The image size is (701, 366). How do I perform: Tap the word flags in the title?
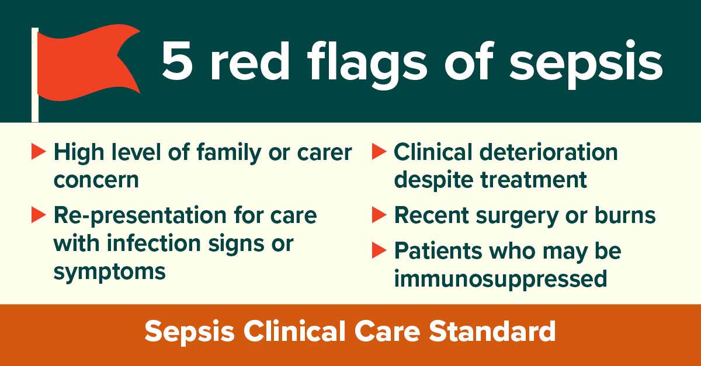coord(367,65)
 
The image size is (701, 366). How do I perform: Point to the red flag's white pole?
coord(35,75)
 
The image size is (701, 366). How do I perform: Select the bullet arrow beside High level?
coord(39,152)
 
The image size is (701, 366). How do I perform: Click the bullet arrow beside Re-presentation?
coord(39,215)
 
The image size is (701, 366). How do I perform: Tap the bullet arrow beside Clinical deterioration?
coord(379,151)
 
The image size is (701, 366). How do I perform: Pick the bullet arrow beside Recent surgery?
coord(379,215)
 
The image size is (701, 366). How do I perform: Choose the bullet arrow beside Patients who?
coord(379,250)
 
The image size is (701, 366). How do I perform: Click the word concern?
coord(96,180)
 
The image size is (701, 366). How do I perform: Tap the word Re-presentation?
coord(140,217)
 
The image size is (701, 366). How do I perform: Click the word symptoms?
coord(110,272)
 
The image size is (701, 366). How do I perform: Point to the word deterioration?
coord(549,152)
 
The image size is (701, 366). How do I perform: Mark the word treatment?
coord(533,180)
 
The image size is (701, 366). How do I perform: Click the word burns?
coord(625,215)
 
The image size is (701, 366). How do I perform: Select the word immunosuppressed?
coord(501,279)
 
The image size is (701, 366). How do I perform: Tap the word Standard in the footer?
coord(492,332)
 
